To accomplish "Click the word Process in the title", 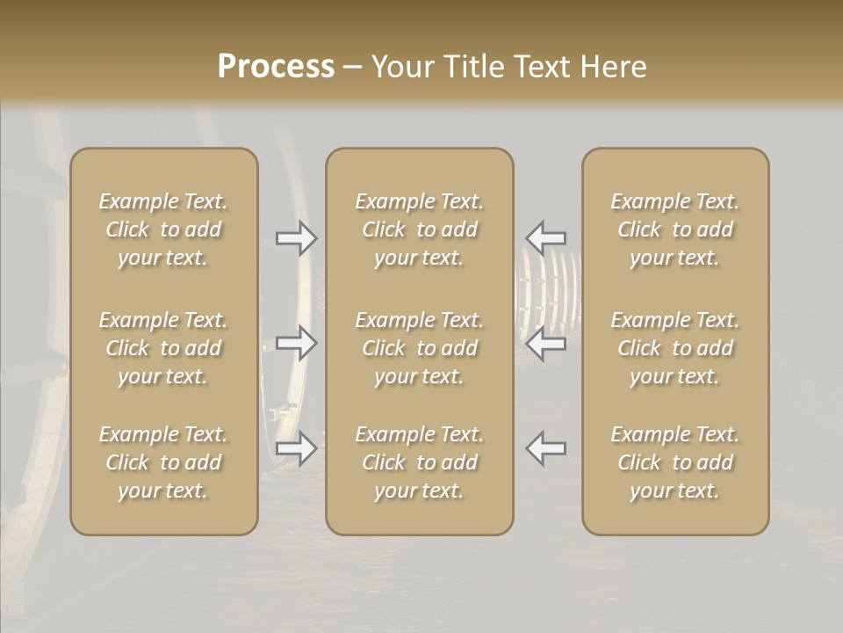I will tap(276, 67).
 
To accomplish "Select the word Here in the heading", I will tap(615, 67).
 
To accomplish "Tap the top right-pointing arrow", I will tap(296, 238).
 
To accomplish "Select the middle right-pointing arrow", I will tap(296, 343).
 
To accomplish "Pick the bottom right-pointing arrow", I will tap(296, 448).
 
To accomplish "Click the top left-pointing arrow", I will tap(545, 238).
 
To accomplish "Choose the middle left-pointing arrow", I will tap(545, 343).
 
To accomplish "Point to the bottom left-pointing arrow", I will tap(545, 448).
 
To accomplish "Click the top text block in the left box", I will tap(163, 229).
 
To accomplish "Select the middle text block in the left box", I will tap(163, 348).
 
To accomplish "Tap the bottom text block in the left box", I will tap(163, 462).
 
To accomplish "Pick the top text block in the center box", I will tap(420, 229).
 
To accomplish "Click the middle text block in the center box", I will tap(420, 348).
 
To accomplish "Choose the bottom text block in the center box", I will tap(420, 462).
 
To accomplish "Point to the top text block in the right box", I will tap(675, 229).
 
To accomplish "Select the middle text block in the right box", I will tap(675, 348).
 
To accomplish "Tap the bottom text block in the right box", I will tap(675, 462).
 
